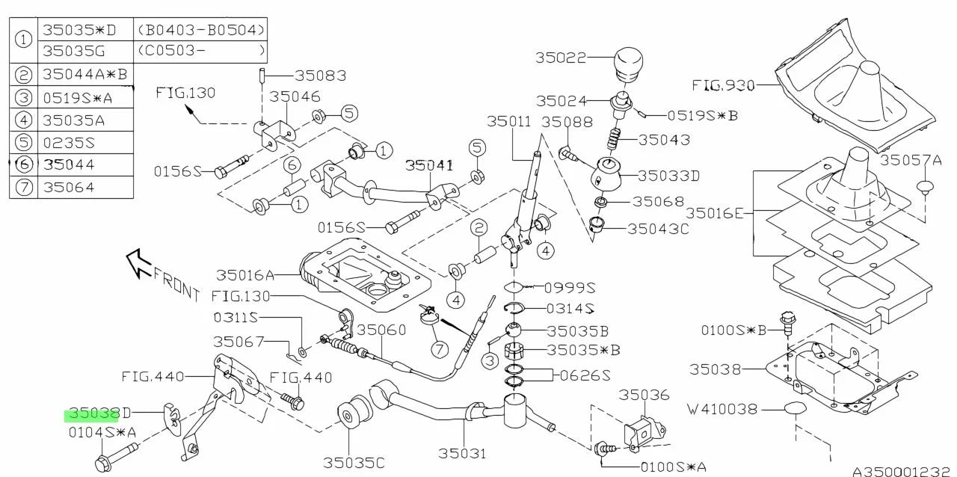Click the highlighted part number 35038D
tap(99, 413)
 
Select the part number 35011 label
tap(508, 121)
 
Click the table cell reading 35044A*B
tap(84, 74)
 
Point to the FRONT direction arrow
tap(138, 263)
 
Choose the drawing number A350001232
tap(902, 470)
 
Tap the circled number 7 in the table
tap(25, 188)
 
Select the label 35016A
tap(246, 275)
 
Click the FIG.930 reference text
tap(723, 85)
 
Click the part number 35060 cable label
tap(381, 330)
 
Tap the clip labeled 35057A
tap(926, 185)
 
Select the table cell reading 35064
tap(73, 187)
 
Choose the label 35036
tap(644, 395)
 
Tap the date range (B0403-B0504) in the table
tap(201, 31)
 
